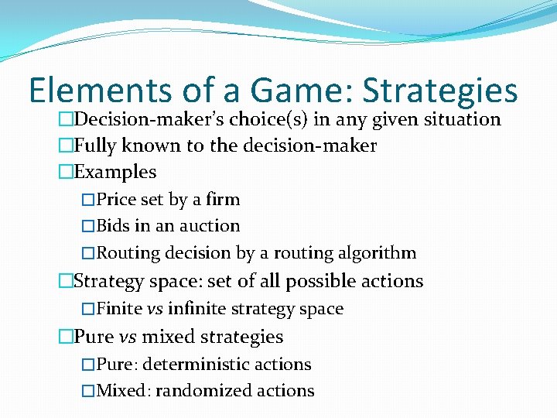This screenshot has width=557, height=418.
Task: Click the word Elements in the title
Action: pos(100,91)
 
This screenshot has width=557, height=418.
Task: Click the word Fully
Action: pos(94,146)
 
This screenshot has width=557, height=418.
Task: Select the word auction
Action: pos(211,226)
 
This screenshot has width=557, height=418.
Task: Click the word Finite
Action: pos(120,309)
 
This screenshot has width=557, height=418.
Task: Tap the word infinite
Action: pos(195,309)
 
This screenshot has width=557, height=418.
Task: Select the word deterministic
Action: pos(202,365)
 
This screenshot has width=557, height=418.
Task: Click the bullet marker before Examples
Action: pos(66,173)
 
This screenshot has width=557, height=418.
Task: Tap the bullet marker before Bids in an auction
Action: pos(87,227)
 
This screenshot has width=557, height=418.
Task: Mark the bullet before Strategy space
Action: pos(66,282)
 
